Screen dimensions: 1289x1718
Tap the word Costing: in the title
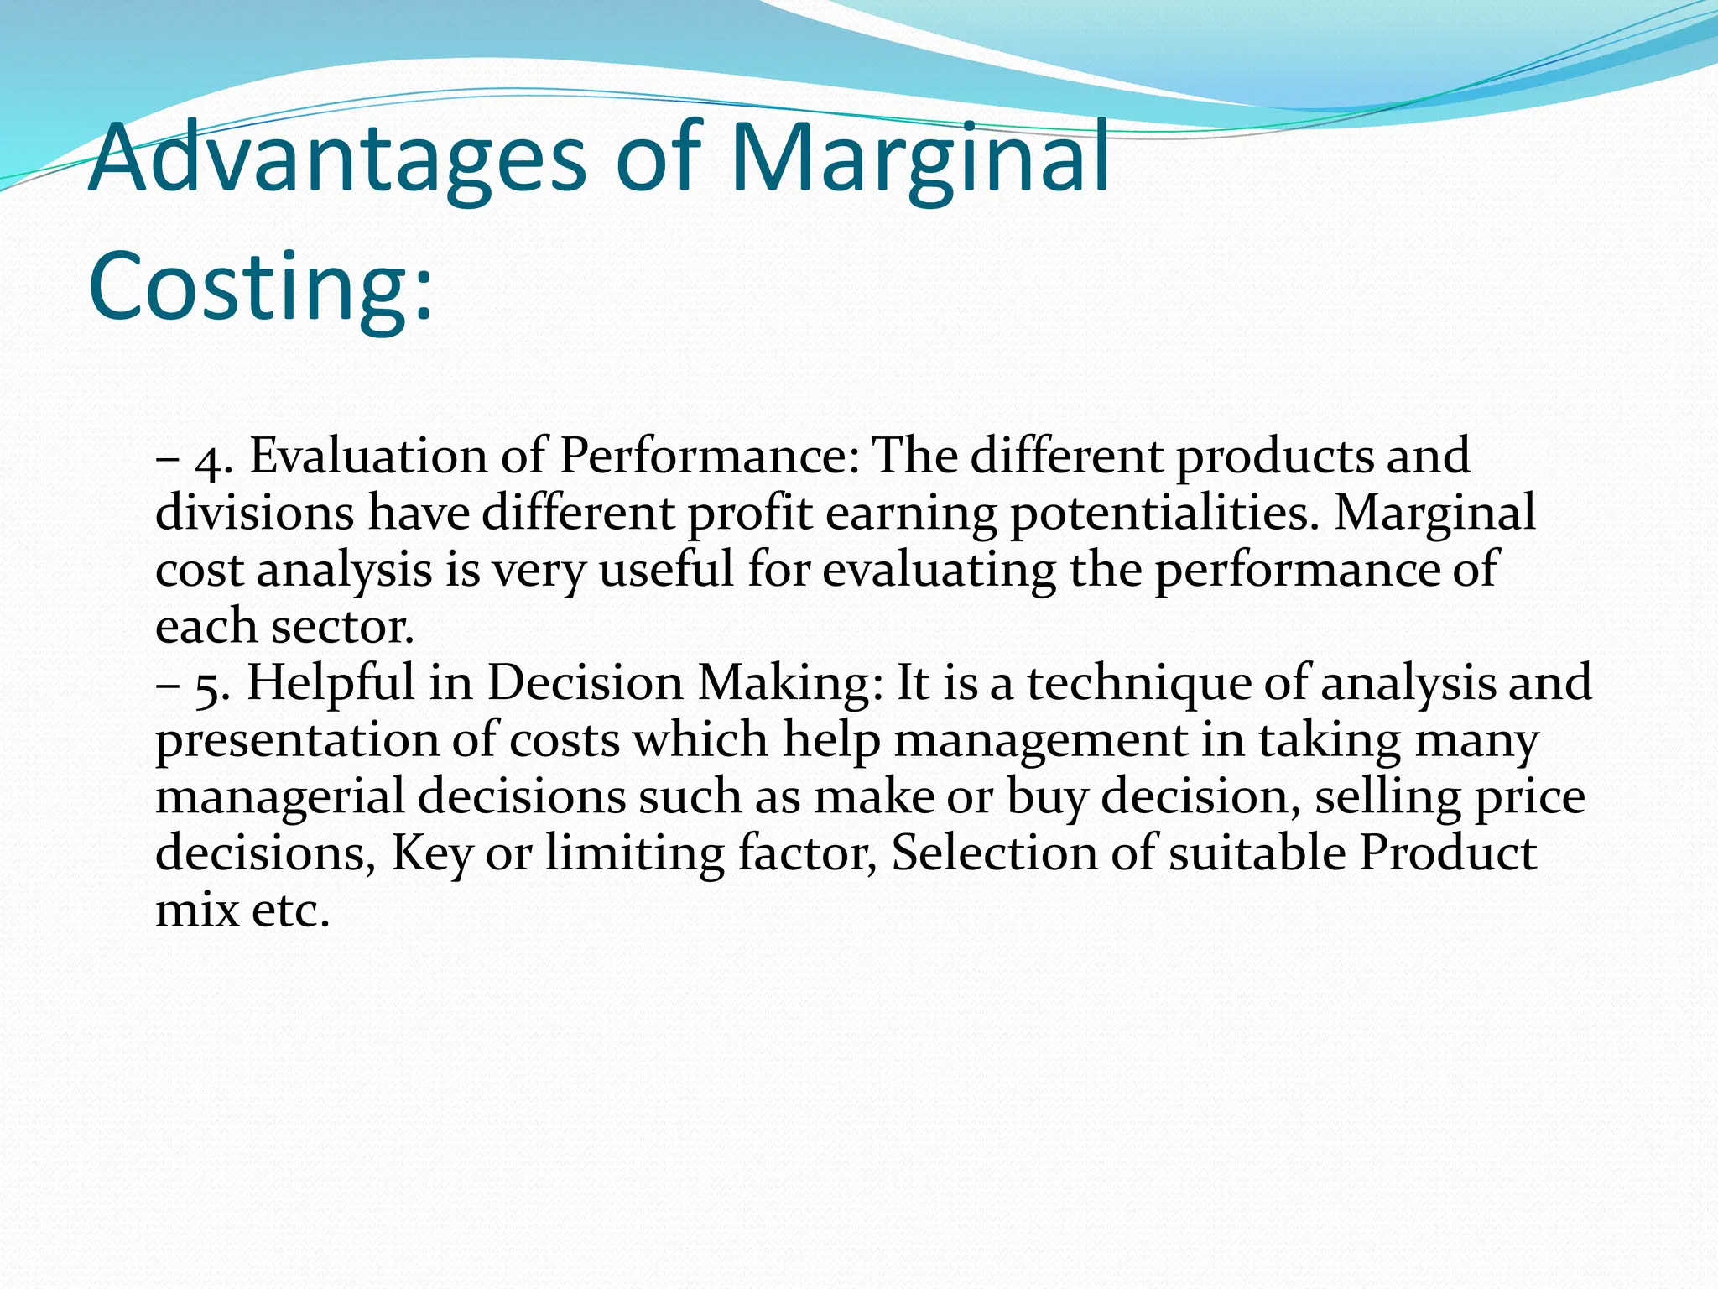pyautogui.click(x=261, y=285)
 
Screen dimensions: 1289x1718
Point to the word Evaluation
pyautogui.click(x=369, y=457)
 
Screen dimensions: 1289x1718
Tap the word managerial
pyautogui.click(x=280, y=797)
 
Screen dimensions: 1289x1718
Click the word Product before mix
pyautogui.click(x=1448, y=853)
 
